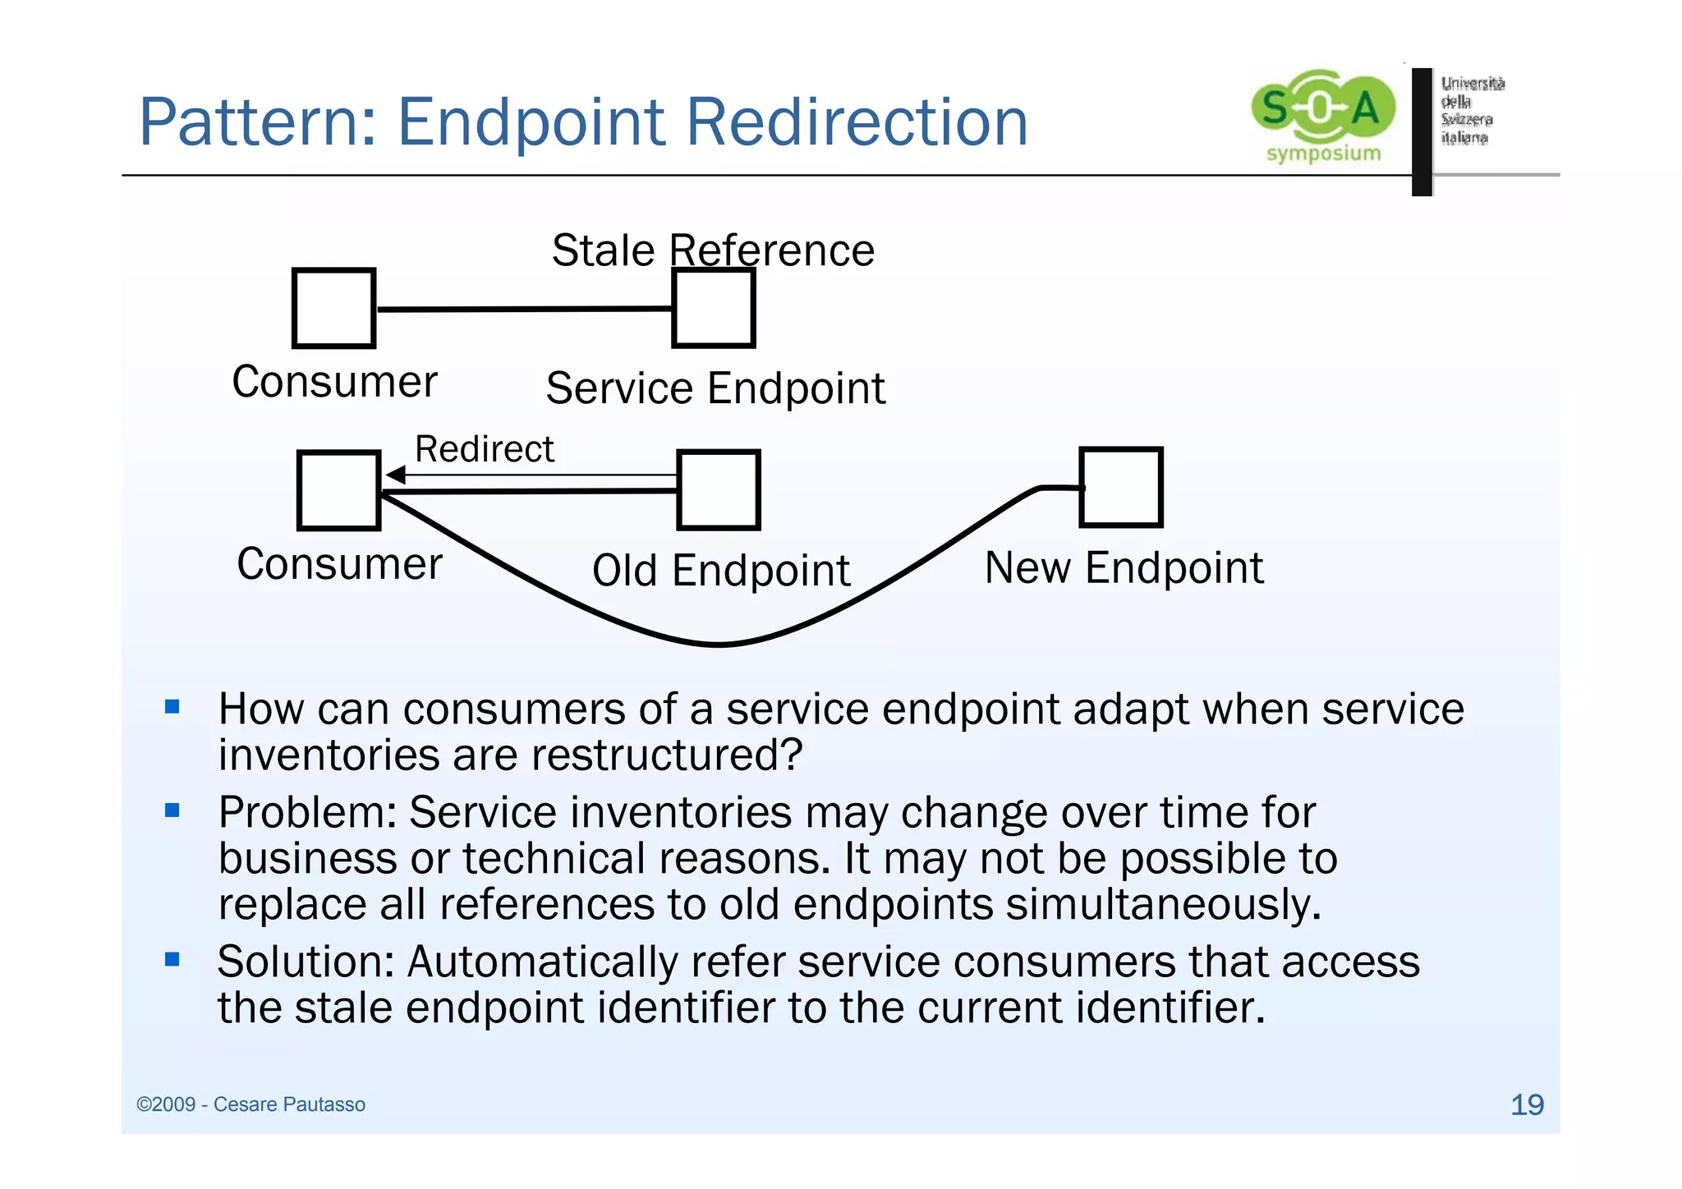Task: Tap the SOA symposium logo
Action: coord(1322,115)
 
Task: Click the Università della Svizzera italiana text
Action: coord(1472,110)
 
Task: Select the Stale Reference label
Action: coord(713,250)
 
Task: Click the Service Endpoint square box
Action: coord(713,309)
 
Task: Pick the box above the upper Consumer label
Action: coord(333,309)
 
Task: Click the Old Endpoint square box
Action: coord(719,490)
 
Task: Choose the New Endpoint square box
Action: coord(1121,487)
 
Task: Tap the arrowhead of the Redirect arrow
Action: coord(395,475)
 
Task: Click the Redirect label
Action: coord(485,449)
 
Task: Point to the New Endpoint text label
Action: coord(1124,568)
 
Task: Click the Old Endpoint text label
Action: coord(721,571)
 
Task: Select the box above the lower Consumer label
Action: coord(338,490)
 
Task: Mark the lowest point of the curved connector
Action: coord(719,645)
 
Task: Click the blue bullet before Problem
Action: coord(172,810)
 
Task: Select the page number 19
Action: coord(1527,1105)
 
